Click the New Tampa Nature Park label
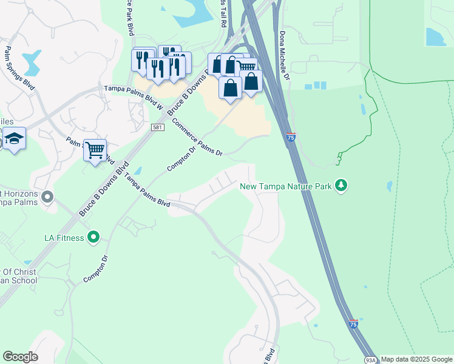pyautogui.click(x=286, y=186)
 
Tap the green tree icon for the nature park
pyautogui.click(x=342, y=184)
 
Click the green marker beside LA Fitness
pyautogui.click(x=93, y=237)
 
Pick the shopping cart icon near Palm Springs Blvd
pyautogui.click(x=95, y=149)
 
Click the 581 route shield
pyautogui.click(x=157, y=126)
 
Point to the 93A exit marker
pyautogui.click(x=370, y=359)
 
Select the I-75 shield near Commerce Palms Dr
pyautogui.click(x=291, y=139)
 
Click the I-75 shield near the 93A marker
pyautogui.click(x=353, y=324)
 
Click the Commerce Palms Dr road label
pyautogui.click(x=197, y=137)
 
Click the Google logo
pyautogui.click(x=20, y=357)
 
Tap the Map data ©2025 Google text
pyautogui.click(x=416, y=360)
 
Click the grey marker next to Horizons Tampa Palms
pyautogui.click(x=47, y=197)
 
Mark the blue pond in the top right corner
pyautogui.click(x=436, y=38)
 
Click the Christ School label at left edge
pyautogui.click(x=18, y=276)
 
